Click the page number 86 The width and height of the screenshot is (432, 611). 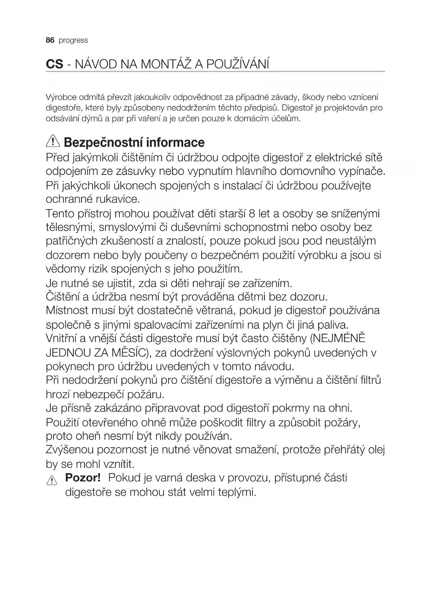pos(50,40)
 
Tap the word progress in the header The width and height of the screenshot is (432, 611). pos(73,41)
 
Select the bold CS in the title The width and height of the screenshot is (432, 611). pos(55,64)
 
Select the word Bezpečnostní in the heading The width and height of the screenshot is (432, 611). pos(103,142)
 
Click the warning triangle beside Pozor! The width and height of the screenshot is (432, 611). pos(51,480)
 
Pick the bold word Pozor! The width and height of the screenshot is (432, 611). pos(83,478)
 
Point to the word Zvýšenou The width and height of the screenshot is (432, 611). pos(69,450)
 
